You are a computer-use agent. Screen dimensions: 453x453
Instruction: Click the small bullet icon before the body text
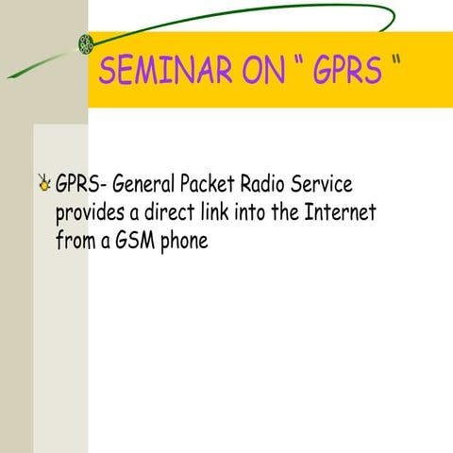[44, 183]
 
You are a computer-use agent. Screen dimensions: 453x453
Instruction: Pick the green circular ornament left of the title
[86, 42]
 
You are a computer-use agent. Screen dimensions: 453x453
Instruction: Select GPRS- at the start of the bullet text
[80, 182]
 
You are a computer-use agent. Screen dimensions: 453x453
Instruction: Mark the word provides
[90, 213]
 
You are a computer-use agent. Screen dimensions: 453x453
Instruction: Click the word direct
[176, 211]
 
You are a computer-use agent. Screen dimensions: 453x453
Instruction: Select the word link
[220, 211]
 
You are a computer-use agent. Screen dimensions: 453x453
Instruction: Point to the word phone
[183, 242]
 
